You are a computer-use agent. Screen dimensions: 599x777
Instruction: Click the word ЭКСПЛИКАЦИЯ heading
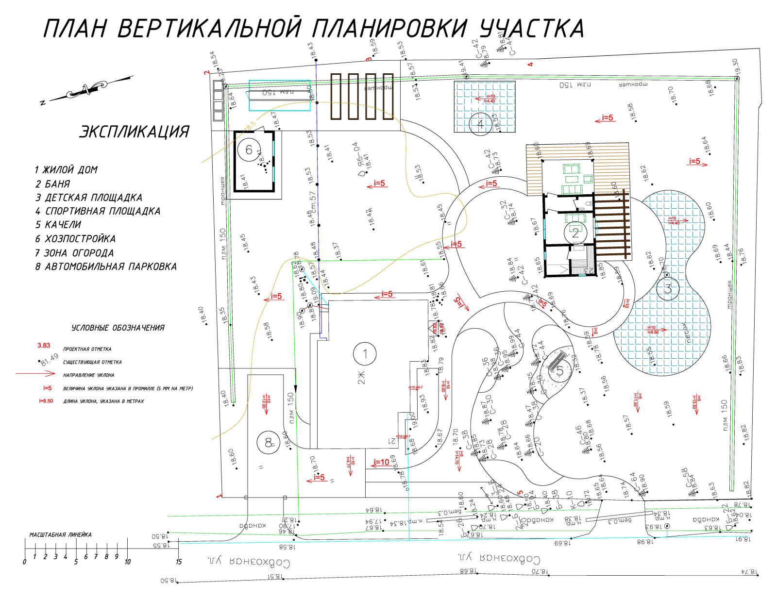pyautogui.click(x=134, y=132)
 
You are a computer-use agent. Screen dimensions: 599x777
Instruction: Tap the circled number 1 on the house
pyautogui.click(x=365, y=354)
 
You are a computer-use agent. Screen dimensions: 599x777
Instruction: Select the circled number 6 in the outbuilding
pyautogui.click(x=249, y=150)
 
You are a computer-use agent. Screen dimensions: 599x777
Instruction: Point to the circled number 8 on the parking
pyautogui.click(x=268, y=443)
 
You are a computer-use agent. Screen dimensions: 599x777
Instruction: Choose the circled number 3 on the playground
pyautogui.click(x=668, y=289)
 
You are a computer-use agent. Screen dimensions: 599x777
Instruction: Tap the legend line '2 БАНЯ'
pyautogui.click(x=52, y=184)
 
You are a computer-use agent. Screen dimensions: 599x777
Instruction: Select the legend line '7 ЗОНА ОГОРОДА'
pyautogui.click(x=74, y=253)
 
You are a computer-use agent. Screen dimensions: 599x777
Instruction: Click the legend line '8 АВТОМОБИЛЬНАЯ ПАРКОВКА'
pyautogui.click(x=106, y=266)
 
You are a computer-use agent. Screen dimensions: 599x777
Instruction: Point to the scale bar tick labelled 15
pyautogui.click(x=179, y=562)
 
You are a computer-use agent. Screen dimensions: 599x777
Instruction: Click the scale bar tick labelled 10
pyautogui.click(x=127, y=562)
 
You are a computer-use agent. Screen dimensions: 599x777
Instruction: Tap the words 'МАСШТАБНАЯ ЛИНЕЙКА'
pyautogui.click(x=60, y=534)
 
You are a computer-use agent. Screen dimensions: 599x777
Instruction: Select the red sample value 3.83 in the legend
pyautogui.click(x=44, y=346)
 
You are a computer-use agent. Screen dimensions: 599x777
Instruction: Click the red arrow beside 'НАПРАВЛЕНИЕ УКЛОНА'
pyautogui.click(x=36, y=374)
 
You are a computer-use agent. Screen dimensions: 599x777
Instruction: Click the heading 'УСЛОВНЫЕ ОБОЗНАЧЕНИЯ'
pyautogui.click(x=118, y=328)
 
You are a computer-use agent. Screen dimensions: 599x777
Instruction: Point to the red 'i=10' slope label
pyautogui.click(x=381, y=462)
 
